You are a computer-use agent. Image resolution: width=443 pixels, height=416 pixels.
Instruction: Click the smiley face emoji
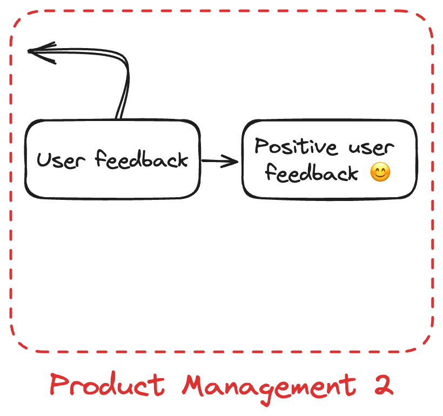coord(380,173)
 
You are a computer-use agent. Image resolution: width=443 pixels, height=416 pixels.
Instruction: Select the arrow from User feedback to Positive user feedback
coord(219,160)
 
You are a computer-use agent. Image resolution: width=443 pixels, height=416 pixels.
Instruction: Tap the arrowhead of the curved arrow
coord(35,51)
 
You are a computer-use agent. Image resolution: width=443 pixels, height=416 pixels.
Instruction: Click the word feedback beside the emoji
coord(312,173)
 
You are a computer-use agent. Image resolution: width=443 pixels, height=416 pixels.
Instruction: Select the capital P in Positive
coord(262,146)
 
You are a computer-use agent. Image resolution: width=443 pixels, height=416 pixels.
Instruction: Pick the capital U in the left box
coord(44,160)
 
